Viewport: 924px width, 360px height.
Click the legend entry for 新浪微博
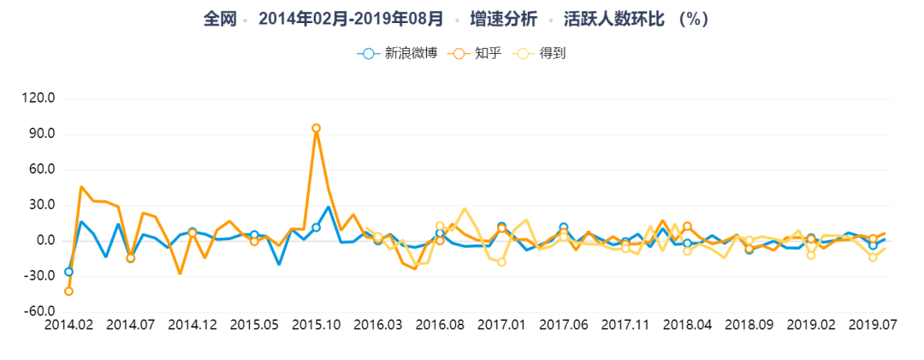click(x=397, y=53)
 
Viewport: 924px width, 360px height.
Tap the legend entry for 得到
click(x=539, y=53)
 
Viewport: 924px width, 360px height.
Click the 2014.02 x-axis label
click(x=68, y=325)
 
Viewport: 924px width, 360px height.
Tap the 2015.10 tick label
click(x=316, y=325)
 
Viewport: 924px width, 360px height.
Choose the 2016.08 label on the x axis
click(x=440, y=325)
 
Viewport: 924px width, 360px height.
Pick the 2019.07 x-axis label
click(x=873, y=325)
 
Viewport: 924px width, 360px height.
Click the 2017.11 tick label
click(x=625, y=325)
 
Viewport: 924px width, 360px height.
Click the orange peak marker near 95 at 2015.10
click(x=316, y=128)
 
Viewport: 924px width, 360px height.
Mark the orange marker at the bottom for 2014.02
click(x=68, y=292)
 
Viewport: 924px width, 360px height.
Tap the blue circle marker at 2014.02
click(x=68, y=272)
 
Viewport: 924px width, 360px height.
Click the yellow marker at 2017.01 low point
click(x=502, y=262)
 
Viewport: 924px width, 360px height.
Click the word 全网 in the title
click(x=220, y=18)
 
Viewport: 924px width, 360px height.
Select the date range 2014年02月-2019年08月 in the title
click(x=351, y=18)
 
